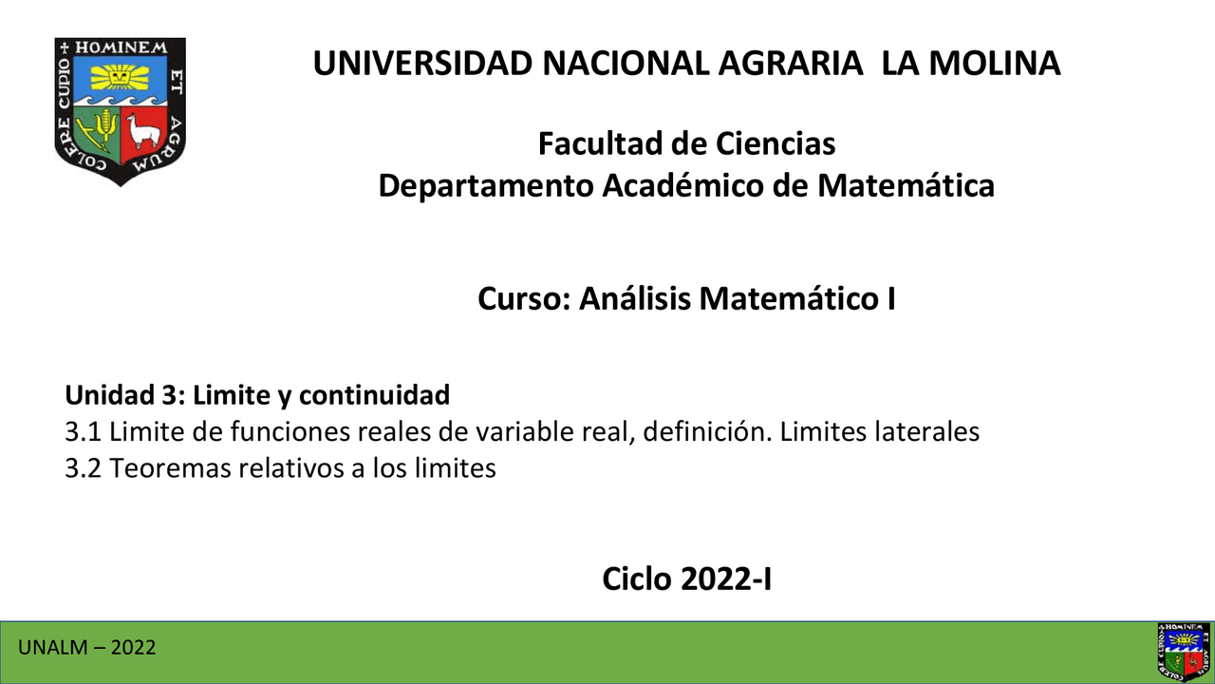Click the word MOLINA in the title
pos(995,63)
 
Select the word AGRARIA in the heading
pos(791,63)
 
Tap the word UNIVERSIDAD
pos(423,63)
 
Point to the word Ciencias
pos(776,143)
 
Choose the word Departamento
pos(485,186)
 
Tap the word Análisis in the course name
pos(635,298)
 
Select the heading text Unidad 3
pos(125,394)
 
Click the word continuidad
pos(374,394)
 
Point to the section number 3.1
pos(83,432)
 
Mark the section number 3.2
pos(83,468)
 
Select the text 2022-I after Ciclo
pos(726,579)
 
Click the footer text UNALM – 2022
pos(86,648)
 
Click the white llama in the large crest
pos(142,131)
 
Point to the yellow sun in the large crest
pos(120,76)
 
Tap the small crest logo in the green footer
pos(1184,652)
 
